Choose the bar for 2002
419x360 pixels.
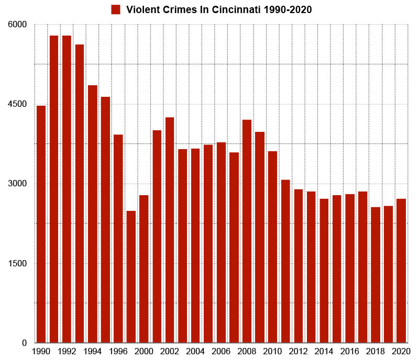tap(169, 230)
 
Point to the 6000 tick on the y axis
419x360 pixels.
tap(18, 25)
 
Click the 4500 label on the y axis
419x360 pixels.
tap(18, 104)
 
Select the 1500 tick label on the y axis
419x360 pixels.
tap(18, 263)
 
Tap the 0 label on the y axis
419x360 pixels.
tap(24, 343)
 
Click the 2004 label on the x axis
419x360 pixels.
tap(195, 351)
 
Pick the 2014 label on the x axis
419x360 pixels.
tap(324, 351)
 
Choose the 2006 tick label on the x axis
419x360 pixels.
tap(221, 351)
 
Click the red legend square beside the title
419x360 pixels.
tap(116, 9)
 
